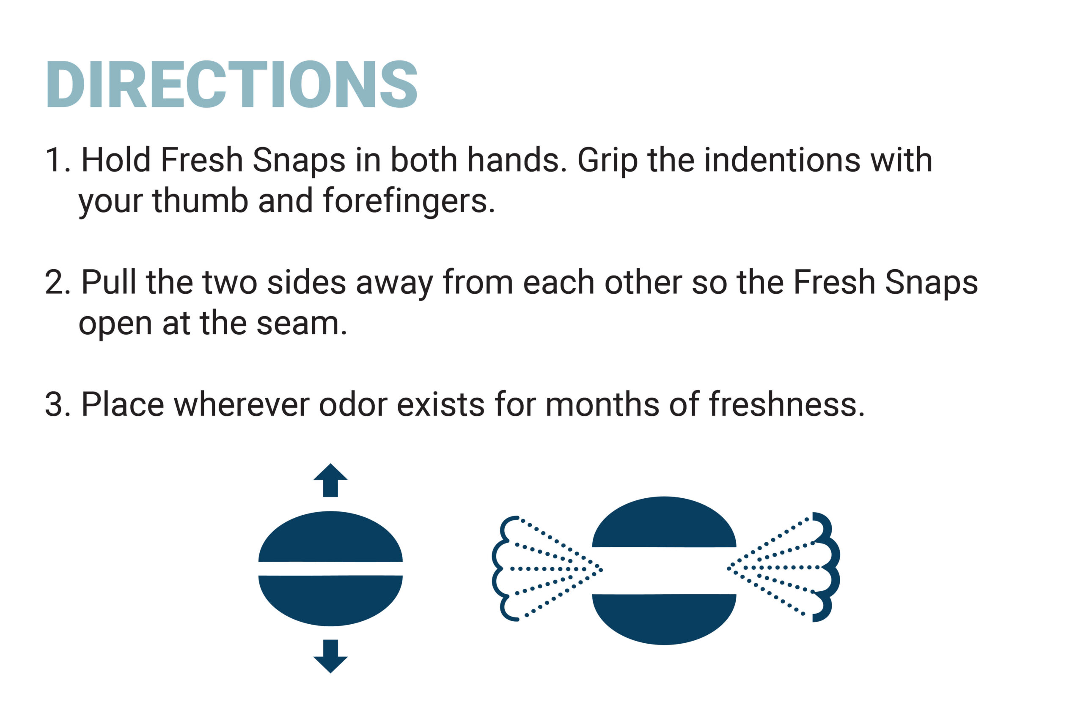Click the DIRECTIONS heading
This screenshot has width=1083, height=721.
pos(231,84)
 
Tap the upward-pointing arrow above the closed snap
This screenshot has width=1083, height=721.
pos(330,480)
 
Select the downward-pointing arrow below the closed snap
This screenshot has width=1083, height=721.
pos(330,656)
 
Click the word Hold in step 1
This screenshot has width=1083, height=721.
pos(116,160)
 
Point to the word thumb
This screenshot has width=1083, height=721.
pos(200,201)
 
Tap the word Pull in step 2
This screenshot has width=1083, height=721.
pos(109,282)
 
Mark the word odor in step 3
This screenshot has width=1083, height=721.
pos(353,405)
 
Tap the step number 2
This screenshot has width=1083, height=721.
pos(54,283)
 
